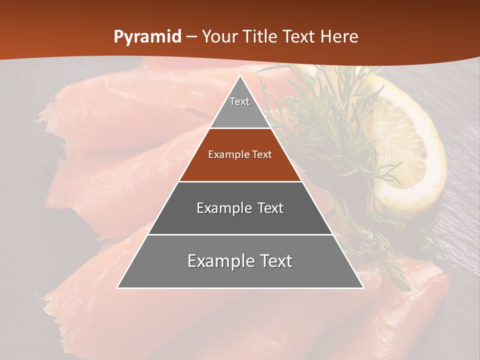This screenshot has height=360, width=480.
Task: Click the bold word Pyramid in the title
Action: click(147, 37)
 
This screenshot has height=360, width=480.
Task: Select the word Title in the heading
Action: click(258, 37)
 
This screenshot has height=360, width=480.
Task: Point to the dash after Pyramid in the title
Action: click(191, 37)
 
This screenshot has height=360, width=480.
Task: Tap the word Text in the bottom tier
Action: click(273, 261)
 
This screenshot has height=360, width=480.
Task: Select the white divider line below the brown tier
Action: click(240, 181)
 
